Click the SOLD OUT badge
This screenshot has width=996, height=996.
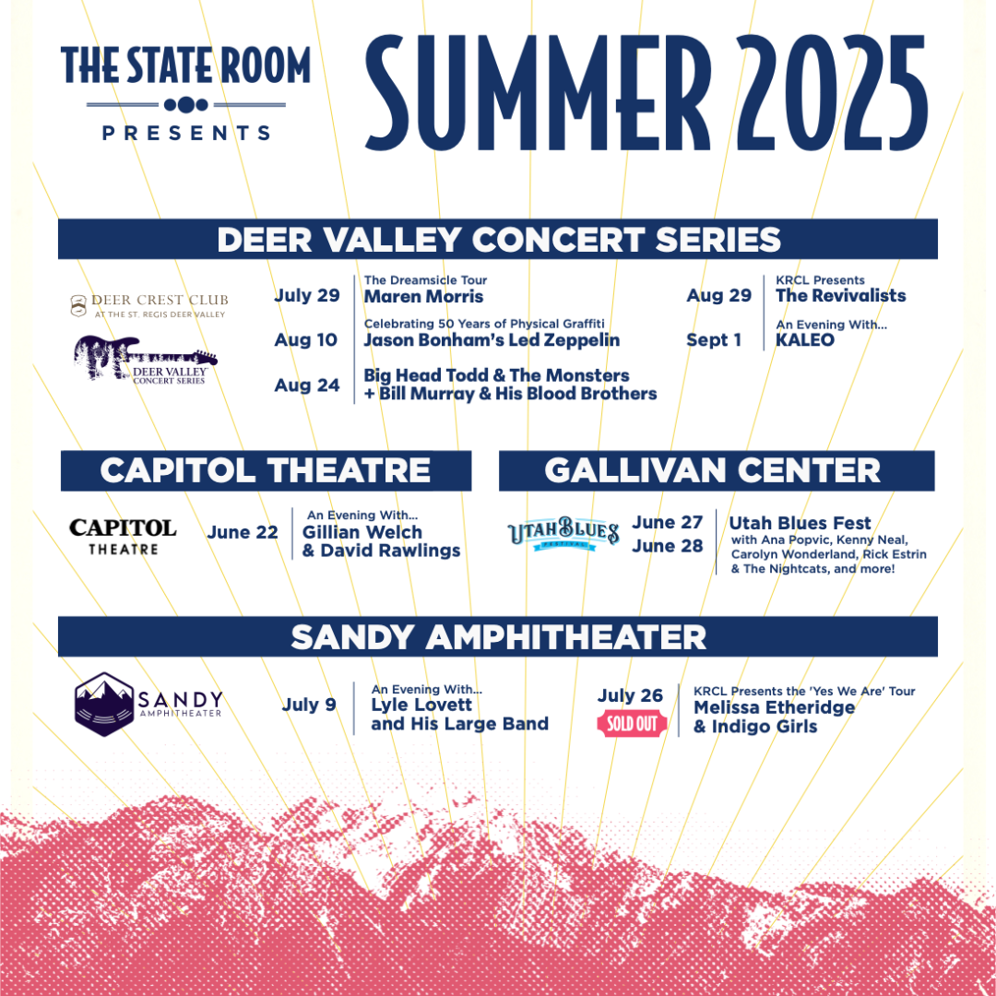(632, 724)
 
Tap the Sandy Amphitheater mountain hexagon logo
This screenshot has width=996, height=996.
(104, 704)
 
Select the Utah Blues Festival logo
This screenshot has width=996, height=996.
(563, 533)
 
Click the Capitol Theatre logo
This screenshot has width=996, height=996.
(123, 537)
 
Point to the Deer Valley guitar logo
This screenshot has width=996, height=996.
(145, 359)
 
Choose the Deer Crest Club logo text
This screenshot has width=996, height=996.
(149, 305)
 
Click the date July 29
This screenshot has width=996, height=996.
(307, 295)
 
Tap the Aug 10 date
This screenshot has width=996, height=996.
(305, 339)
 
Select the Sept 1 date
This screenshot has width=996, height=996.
(713, 339)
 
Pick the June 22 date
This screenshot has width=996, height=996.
(243, 532)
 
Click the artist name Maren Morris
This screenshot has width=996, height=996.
(423, 297)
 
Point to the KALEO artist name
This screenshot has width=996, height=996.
(805, 339)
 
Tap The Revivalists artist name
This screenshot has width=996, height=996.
(841, 295)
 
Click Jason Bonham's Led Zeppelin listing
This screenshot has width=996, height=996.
(492, 339)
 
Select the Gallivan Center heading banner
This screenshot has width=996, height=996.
(717, 470)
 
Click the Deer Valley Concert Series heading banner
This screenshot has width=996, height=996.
(498, 240)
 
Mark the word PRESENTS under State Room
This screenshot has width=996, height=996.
(186, 133)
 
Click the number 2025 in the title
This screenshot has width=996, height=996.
(832, 93)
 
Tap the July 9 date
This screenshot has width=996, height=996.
(309, 705)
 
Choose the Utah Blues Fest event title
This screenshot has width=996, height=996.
(800, 523)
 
